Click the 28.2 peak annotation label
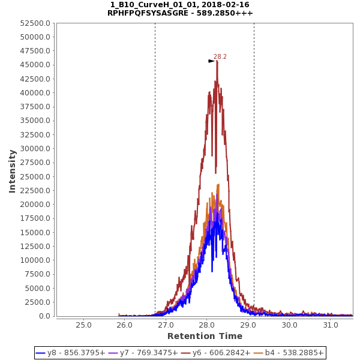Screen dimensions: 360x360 coord(220,57)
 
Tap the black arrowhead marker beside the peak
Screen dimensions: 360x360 coord(211,61)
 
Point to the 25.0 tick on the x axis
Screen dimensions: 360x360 coord(83,325)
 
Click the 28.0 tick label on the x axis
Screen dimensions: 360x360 coord(207,325)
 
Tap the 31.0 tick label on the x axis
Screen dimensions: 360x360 coord(331,325)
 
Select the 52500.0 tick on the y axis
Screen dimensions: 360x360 coord(34,23)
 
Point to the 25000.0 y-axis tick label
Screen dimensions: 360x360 coord(34,177)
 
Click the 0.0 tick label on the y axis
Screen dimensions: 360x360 coord(44,316)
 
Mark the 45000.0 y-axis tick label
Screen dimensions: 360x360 coord(34,65)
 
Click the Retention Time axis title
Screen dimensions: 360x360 coord(205,337)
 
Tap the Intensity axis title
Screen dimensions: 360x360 coord(12,171)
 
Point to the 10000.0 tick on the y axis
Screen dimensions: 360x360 coord(34,260)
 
